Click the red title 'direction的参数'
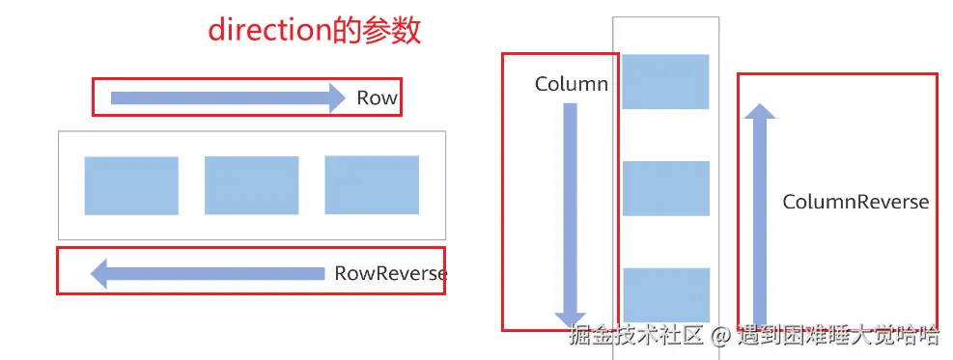click(315, 30)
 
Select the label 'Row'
click(377, 97)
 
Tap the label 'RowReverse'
click(390, 273)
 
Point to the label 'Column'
click(571, 84)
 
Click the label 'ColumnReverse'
click(855, 202)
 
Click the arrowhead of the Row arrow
click(335, 97)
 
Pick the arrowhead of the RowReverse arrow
click(99, 274)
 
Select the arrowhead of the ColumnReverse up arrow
click(759, 114)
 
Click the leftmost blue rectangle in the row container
click(131, 185)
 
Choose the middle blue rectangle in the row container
click(251, 185)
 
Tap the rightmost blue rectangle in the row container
click(372, 185)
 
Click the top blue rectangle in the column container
click(665, 81)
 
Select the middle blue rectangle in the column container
click(665, 188)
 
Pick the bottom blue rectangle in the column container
click(665, 294)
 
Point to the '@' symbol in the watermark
click(719, 336)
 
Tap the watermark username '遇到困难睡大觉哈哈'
click(837, 336)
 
